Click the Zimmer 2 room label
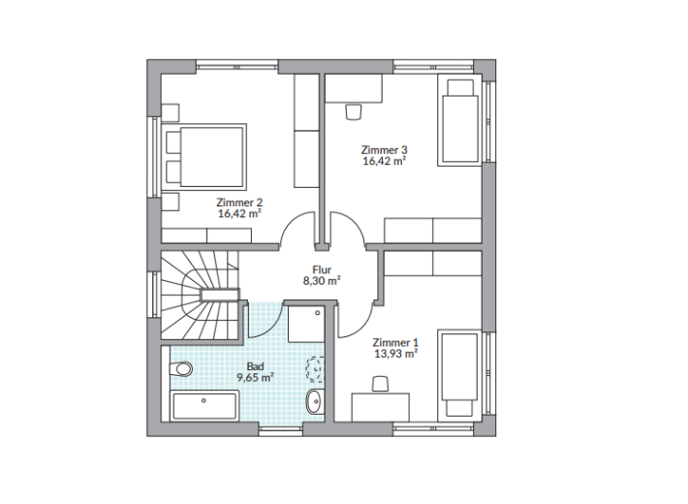coord(239,203)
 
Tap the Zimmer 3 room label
coord(384,150)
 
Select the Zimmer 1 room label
coord(395,342)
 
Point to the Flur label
coord(322,269)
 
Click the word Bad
coord(256,366)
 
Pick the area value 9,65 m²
coord(256,377)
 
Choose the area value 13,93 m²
coord(395,354)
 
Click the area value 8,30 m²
coord(322,280)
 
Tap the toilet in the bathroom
coord(181,368)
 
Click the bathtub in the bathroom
coord(204,406)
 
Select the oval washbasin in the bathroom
coord(314,401)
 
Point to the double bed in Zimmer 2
coord(204,154)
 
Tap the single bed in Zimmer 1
coord(460,375)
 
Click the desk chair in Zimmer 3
coord(354,111)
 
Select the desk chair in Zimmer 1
coord(381,384)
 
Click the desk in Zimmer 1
coord(381,407)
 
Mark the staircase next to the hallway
coord(200,295)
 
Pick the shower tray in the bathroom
coord(307,325)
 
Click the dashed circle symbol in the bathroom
coord(315,368)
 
